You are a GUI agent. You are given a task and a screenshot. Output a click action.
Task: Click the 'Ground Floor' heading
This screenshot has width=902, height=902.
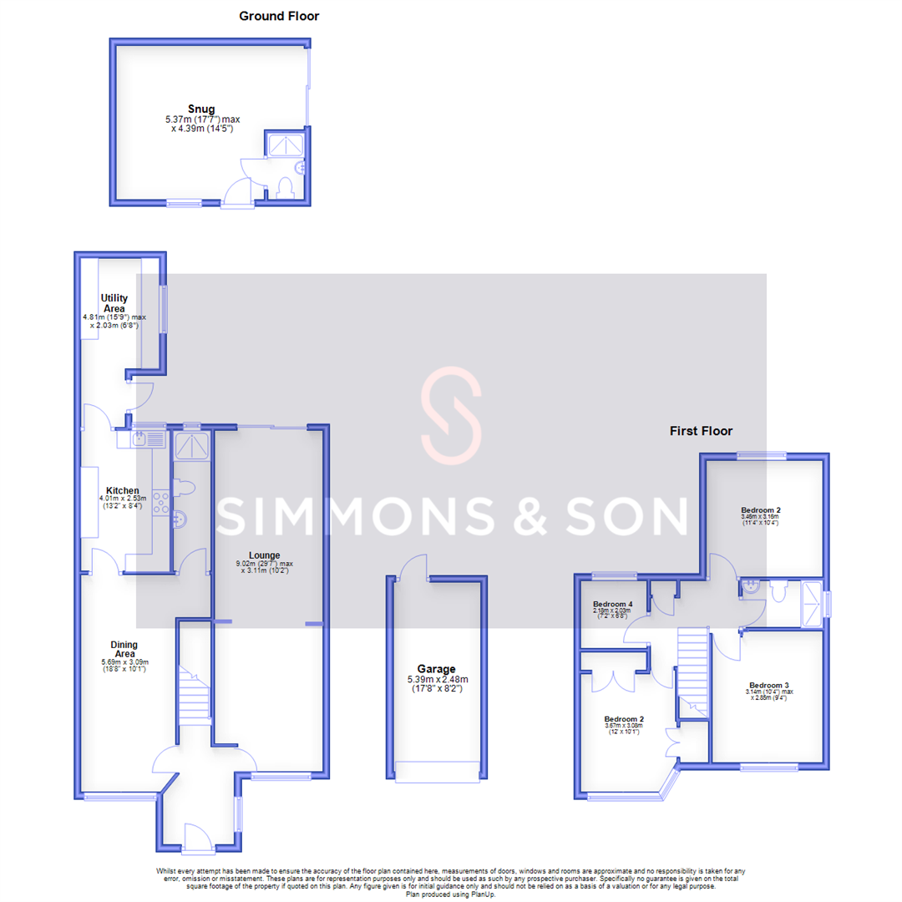(x=279, y=16)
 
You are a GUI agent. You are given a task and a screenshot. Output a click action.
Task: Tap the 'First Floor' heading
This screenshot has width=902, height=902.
(x=701, y=431)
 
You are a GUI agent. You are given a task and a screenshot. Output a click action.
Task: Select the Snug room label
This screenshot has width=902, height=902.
(x=200, y=109)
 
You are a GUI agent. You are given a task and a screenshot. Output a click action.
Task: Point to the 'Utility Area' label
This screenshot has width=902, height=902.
(x=113, y=302)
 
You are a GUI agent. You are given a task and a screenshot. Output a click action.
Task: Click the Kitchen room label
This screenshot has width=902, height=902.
(x=122, y=490)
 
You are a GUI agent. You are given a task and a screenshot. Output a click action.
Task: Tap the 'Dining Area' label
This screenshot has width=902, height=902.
(x=124, y=649)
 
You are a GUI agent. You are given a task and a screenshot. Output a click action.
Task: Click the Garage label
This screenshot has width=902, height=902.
(x=437, y=668)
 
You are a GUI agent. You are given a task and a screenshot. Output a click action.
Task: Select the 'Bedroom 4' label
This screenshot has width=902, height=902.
(x=612, y=604)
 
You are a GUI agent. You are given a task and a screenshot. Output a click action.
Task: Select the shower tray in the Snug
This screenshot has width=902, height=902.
(x=285, y=144)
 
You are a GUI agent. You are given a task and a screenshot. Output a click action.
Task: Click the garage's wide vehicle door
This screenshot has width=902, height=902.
(x=438, y=772)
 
